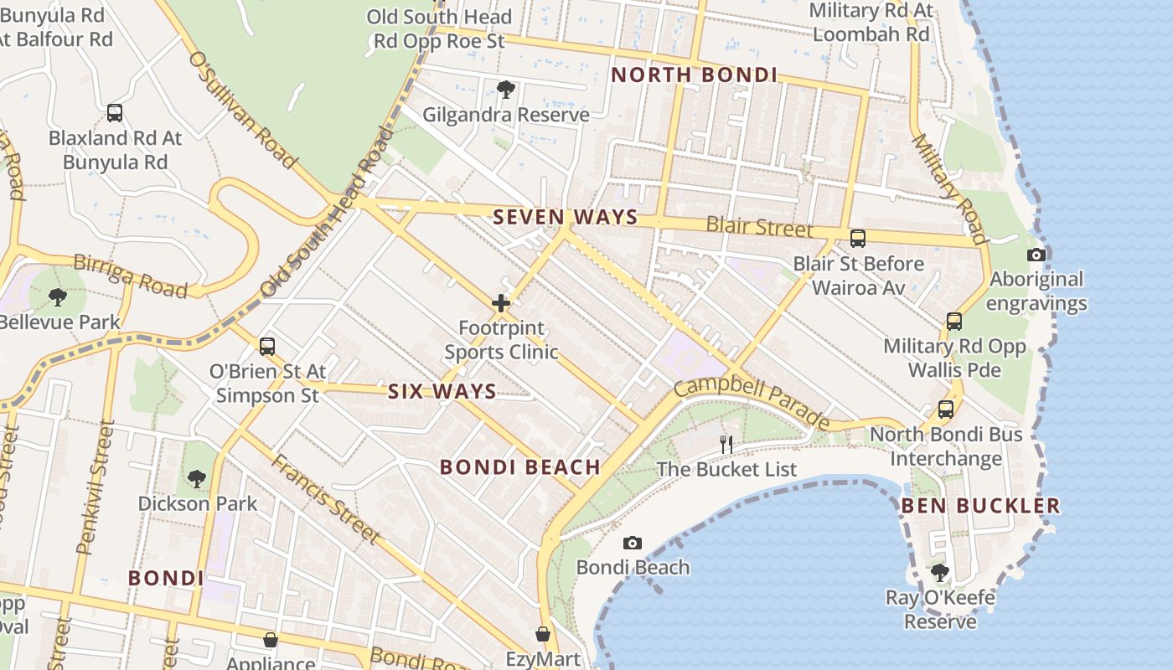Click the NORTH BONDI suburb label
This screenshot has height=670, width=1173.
pos(694,75)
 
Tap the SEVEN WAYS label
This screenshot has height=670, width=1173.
pos(565,218)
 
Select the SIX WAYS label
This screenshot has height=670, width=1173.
pos(442,391)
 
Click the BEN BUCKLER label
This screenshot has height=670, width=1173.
pos(980,506)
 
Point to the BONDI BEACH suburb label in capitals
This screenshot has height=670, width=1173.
pos(520,467)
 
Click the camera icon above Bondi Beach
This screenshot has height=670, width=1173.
pos(633,544)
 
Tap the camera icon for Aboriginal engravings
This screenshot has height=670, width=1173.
pos(1036,255)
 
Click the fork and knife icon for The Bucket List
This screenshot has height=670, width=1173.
pos(726,445)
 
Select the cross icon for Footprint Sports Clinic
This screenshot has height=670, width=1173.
pos(501,303)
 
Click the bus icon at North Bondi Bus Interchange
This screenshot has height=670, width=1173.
pos(946,410)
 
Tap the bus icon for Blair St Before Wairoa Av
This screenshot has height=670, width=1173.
pos(858,239)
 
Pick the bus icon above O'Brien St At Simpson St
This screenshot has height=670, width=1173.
pos(267,346)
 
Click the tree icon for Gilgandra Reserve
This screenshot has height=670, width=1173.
pos(505,90)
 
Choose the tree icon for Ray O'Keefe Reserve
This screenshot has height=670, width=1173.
pos(940,573)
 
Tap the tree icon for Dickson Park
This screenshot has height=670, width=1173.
pos(197,479)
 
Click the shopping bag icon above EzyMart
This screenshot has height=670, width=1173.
pos(543,634)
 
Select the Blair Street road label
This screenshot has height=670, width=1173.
pos(759,226)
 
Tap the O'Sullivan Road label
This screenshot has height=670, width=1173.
pos(243,109)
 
